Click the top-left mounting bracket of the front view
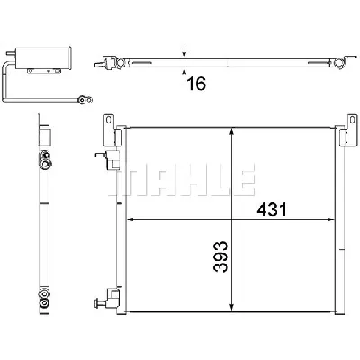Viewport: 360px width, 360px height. point(110,127)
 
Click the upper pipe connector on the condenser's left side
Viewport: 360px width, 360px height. point(113,160)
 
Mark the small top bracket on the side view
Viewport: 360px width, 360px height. point(42,125)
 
